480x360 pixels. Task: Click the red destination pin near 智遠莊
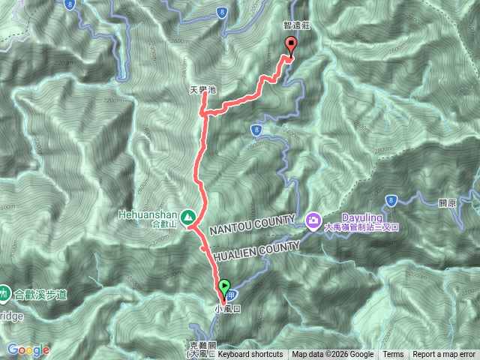(x=290, y=46)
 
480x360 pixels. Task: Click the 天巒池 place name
(x=202, y=90)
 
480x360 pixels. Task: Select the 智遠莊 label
(x=296, y=25)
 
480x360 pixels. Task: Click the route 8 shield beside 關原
(x=391, y=199)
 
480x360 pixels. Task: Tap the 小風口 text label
(x=226, y=308)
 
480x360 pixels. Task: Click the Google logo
(x=28, y=349)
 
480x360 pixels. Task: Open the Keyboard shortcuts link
(x=250, y=355)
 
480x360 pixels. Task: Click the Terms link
(x=393, y=355)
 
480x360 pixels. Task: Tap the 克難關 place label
(x=202, y=346)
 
